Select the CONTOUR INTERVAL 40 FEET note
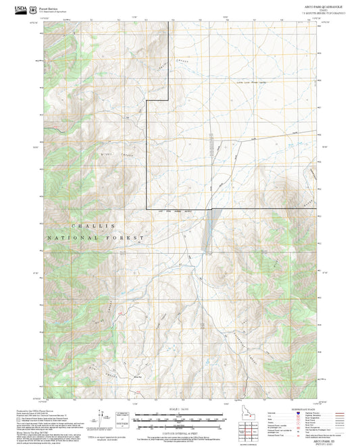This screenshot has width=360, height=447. (x=180, y=430)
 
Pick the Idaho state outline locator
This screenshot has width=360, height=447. (x=242, y=412)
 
